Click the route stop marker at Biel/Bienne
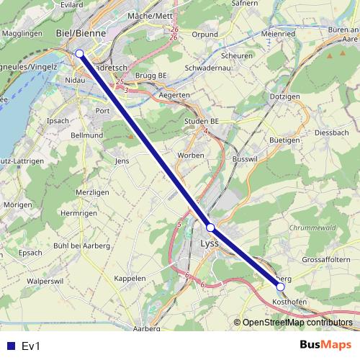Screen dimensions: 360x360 [x=79, y=53]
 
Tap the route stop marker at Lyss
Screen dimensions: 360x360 [x=210, y=228]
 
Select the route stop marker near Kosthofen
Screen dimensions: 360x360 [x=281, y=287]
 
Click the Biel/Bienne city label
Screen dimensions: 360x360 [x=81, y=33]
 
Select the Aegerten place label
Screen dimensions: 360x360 [x=176, y=95]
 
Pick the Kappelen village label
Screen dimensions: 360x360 [x=130, y=278]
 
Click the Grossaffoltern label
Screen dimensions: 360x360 [x=325, y=259]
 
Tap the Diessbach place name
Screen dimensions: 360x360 [x=331, y=133]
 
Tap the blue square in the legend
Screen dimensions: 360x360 [x=10, y=346]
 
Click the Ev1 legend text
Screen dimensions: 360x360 [x=32, y=346]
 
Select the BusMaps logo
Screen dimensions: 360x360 [x=327, y=345]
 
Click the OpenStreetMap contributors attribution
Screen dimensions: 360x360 [x=297, y=323]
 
